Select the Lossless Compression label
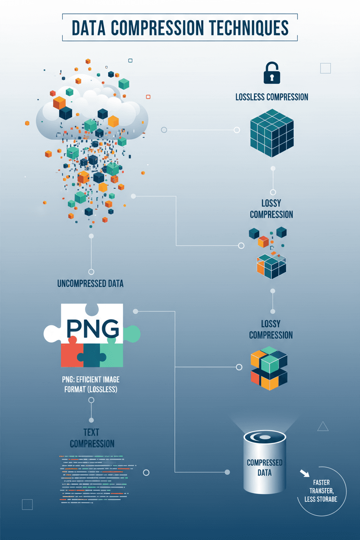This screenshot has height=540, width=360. coord(272,96)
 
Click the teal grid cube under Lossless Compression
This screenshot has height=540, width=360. coord(272,132)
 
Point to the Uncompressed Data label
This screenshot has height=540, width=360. coord(90,284)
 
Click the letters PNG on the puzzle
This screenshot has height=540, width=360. coord(92,330)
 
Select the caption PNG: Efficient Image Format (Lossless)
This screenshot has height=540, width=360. coord(90,384)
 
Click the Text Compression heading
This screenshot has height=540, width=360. coord(92,438)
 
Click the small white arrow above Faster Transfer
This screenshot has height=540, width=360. coord(305,473)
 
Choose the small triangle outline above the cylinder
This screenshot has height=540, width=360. coord(323,427)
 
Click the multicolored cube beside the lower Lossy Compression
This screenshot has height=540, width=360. coord(269,368)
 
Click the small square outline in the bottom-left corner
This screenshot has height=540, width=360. coord(27,504)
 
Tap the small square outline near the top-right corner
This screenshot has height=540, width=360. coord(325,68)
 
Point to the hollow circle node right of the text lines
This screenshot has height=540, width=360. coord(146,472)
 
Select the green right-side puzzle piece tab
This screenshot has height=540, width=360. coord(132,332)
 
